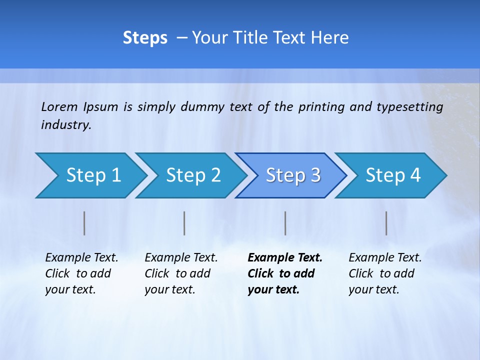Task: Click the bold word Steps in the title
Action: point(145,38)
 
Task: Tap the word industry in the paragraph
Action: point(66,125)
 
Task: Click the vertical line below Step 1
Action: point(84,223)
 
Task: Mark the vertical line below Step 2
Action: point(184,223)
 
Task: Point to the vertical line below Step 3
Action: point(285,223)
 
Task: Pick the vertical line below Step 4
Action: point(386,223)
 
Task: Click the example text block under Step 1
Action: point(81,273)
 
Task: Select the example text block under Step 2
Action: point(181,273)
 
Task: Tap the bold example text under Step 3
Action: point(285,273)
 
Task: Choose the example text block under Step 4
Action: point(385,273)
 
